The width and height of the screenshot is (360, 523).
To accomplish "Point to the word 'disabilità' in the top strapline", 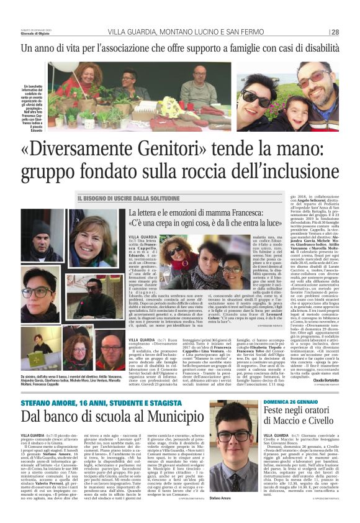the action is pos(314,47).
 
